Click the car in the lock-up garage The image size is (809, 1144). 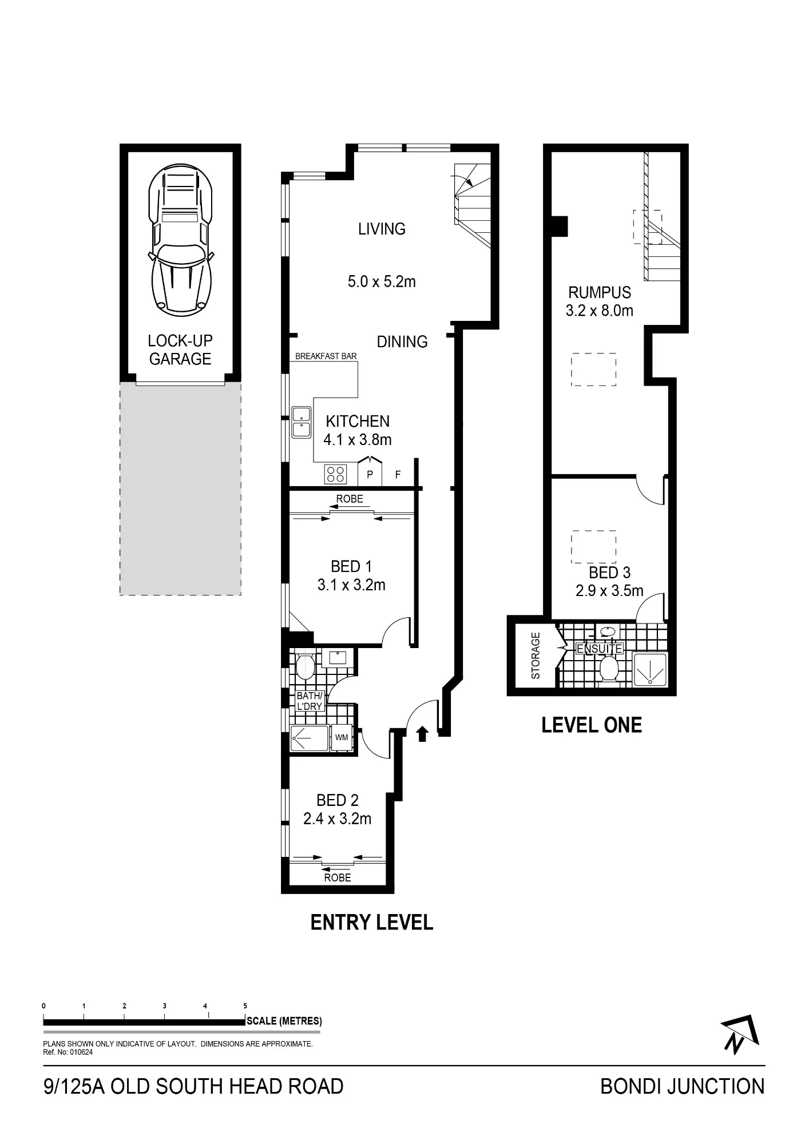pos(180,240)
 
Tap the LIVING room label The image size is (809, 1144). pos(382,229)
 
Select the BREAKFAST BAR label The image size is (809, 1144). pos(326,356)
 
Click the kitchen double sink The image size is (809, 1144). pos(301,422)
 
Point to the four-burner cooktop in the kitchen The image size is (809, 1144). pos(335,474)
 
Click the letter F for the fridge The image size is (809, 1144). pos(398,475)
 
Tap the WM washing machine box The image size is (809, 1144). pos(342,737)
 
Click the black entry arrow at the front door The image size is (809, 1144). pos(422,733)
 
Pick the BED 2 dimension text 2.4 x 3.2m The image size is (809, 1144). pos(337,819)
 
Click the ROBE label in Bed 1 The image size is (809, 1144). pos(350,499)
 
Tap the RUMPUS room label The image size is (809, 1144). pos(600,292)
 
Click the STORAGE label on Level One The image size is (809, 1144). pos(536,656)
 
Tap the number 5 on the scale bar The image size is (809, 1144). pos(245,1006)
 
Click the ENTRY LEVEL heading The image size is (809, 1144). pos(371,922)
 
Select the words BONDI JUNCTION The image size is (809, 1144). pos(682,1086)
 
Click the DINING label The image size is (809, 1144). pos(402,341)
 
